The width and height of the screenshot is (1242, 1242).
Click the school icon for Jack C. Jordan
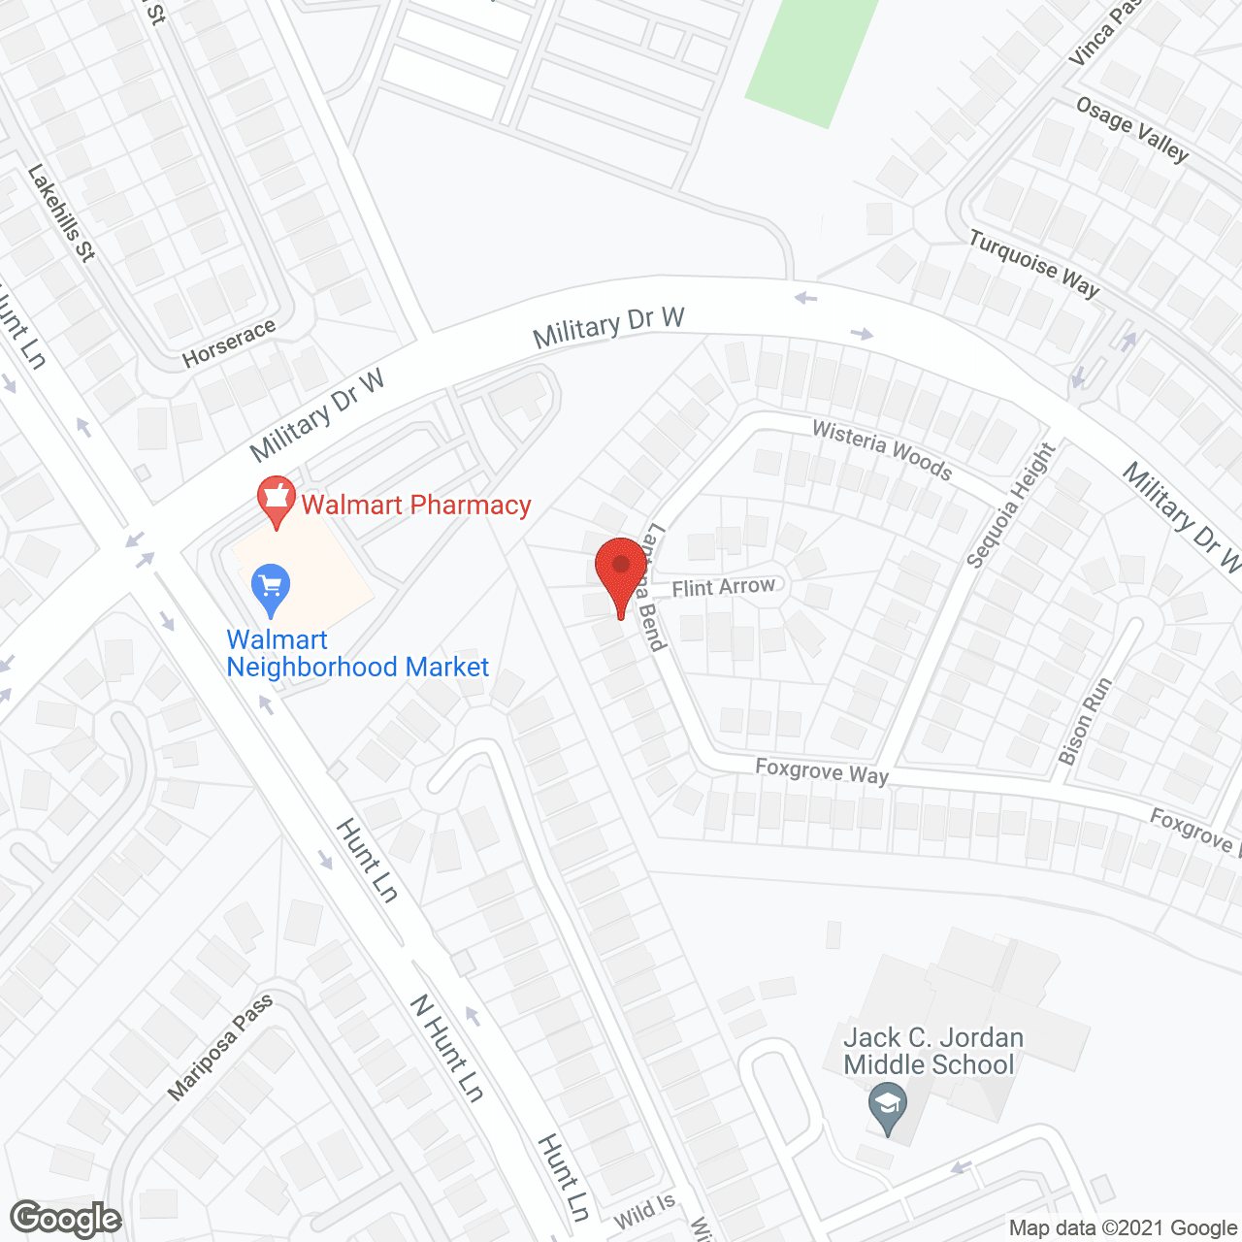(x=887, y=1107)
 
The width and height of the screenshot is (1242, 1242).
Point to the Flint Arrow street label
(x=723, y=587)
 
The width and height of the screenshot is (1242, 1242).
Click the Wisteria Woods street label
(x=882, y=449)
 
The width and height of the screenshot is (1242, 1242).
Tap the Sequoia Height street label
(x=1010, y=505)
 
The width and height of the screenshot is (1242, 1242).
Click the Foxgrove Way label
(x=822, y=771)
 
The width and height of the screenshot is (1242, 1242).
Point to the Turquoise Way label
(x=1034, y=263)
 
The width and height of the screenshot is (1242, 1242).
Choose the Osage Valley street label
(x=1132, y=129)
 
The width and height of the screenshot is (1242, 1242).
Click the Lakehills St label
(x=62, y=213)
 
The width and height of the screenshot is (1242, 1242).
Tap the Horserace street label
(x=229, y=343)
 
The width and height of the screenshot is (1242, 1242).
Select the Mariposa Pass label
(x=220, y=1048)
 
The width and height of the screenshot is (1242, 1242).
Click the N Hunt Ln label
(x=446, y=1048)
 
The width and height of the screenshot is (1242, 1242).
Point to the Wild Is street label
(x=644, y=1210)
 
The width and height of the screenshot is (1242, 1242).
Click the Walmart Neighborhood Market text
(x=357, y=653)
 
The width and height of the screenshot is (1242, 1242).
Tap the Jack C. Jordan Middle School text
(x=932, y=1051)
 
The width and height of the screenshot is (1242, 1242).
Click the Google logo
(x=66, y=1219)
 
